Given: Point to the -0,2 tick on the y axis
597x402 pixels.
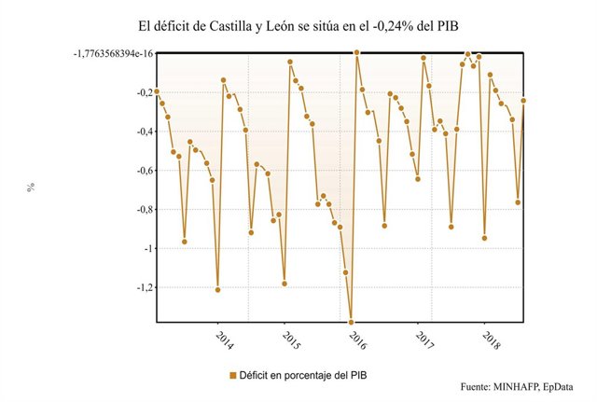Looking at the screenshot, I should click(x=137, y=93).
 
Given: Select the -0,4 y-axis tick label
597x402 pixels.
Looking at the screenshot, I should click(x=137, y=132).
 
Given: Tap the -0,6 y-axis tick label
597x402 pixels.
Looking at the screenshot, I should click(x=137, y=171).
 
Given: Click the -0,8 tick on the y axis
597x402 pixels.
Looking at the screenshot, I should click(x=137, y=210).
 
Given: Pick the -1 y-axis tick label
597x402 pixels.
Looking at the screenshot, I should click(x=142, y=249).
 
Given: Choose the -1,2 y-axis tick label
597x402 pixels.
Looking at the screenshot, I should click(x=137, y=288).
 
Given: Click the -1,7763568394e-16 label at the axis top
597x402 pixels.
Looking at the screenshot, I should click(x=102, y=54).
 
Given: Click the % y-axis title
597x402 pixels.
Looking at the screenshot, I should click(x=31, y=187).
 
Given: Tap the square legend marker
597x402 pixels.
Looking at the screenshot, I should click(x=233, y=375).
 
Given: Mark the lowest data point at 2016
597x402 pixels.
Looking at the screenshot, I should click(x=352, y=322).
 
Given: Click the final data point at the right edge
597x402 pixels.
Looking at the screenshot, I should click(x=524, y=101).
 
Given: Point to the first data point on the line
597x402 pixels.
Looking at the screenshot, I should click(x=157, y=91).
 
